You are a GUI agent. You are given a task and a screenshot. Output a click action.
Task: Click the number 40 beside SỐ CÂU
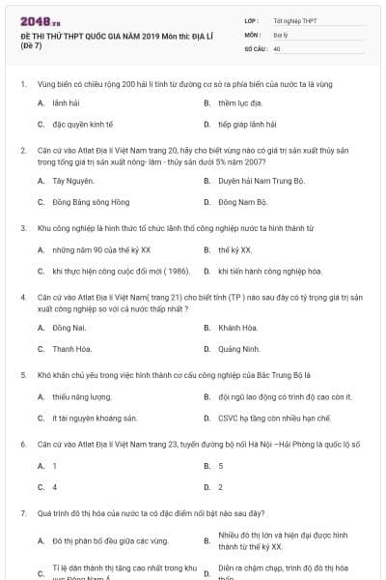pos(277,47)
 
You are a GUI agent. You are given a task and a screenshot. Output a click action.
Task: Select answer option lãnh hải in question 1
pos(65,101)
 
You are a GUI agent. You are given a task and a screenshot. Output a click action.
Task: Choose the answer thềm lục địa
pos(239,101)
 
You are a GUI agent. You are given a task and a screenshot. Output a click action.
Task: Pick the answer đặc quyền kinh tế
pos(83,125)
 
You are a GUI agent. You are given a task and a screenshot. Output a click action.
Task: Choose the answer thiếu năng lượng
pos(78,396)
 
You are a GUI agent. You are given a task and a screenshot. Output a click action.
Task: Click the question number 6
pos(22,444)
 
